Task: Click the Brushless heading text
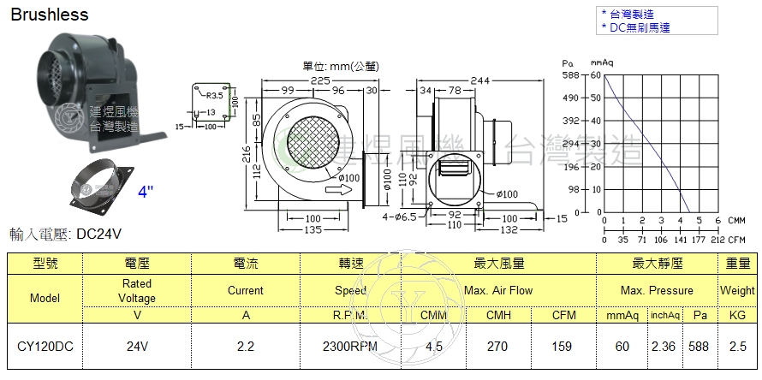point(49,15)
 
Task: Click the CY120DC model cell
point(45,347)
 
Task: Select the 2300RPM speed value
point(349,347)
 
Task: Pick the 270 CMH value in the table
point(497,347)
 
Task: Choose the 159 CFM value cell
point(563,347)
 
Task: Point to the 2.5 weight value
point(737,347)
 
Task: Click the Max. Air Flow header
point(497,290)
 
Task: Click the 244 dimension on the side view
point(480,80)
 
